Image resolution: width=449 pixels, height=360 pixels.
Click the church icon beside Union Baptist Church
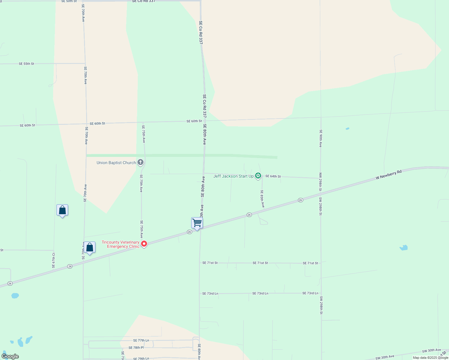[140, 163]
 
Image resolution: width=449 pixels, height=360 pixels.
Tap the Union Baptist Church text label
[116, 163]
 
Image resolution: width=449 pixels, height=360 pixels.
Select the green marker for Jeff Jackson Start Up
[258, 176]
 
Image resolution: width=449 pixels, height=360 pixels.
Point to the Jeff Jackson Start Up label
[233, 176]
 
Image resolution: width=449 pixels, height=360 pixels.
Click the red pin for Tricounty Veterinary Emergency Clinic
[144, 244]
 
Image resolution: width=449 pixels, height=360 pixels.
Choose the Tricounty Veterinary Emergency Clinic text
[121, 244]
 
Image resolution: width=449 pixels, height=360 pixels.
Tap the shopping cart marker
[197, 223]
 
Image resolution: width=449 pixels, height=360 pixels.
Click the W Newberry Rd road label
[388, 175]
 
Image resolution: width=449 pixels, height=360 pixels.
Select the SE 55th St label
[26, 64]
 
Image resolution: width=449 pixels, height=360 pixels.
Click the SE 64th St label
[273, 176]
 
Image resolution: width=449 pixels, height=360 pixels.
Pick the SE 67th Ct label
[54, 260]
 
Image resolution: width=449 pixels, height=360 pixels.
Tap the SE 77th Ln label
[141, 340]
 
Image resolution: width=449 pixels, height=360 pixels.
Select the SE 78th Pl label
[136, 348]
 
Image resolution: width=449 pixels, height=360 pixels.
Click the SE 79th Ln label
[141, 358]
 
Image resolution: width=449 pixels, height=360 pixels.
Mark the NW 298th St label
[320, 182]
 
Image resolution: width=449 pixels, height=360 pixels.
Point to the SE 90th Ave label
[321, 138]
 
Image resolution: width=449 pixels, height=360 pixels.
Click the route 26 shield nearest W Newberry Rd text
[300, 200]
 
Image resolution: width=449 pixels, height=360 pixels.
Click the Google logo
[10, 356]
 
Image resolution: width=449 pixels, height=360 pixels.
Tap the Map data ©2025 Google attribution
[430, 358]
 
